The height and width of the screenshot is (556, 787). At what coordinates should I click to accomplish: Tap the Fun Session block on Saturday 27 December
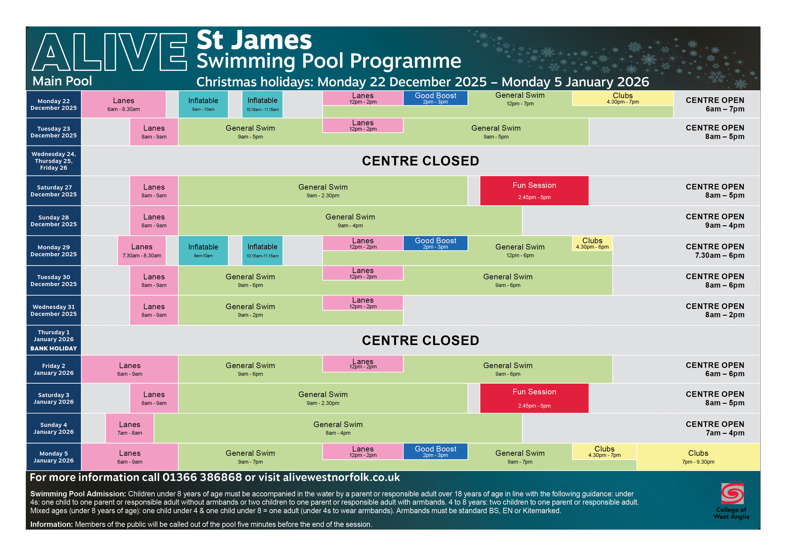pos(534,191)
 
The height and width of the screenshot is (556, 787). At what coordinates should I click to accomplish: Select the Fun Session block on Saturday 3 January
pos(534,398)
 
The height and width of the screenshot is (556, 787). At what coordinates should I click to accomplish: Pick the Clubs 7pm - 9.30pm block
pos(698,457)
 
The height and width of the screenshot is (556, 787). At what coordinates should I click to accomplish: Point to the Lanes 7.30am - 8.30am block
pos(142,250)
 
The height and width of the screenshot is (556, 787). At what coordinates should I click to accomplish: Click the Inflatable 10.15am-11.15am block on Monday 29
pos(262,250)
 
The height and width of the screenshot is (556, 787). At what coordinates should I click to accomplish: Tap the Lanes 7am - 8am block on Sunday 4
pos(130,428)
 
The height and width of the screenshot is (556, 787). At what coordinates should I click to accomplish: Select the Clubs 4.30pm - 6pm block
pos(592,243)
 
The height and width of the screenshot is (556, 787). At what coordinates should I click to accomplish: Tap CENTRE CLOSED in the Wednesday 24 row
pos(420,161)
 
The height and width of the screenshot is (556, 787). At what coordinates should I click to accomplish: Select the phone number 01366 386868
pos(202,477)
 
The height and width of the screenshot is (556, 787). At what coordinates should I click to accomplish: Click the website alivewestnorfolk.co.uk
pos(341,477)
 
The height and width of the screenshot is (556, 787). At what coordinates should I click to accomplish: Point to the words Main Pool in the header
pos(62,81)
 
